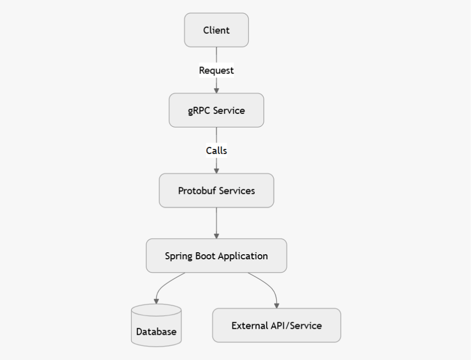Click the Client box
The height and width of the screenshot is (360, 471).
click(x=216, y=30)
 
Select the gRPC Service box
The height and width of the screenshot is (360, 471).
click(x=216, y=110)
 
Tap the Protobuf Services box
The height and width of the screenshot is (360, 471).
click(x=216, y=191)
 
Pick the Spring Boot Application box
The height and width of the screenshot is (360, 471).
click(x=216, y=256)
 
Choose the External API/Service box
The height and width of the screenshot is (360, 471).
click(x=276, y=325)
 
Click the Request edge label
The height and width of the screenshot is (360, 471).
click(x=216, y=70)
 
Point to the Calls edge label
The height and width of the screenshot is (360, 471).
click(x=216, y=151)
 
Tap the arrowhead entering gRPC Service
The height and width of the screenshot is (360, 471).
click(x=216, y=90)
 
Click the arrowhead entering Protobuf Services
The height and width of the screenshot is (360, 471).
click(x=216, y=171)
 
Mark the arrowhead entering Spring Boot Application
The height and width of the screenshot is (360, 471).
click(x=216, y=236)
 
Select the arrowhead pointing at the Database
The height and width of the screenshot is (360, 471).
click(x=156, y=301)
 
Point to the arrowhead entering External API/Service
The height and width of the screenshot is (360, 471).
click(x=276, y=305)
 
